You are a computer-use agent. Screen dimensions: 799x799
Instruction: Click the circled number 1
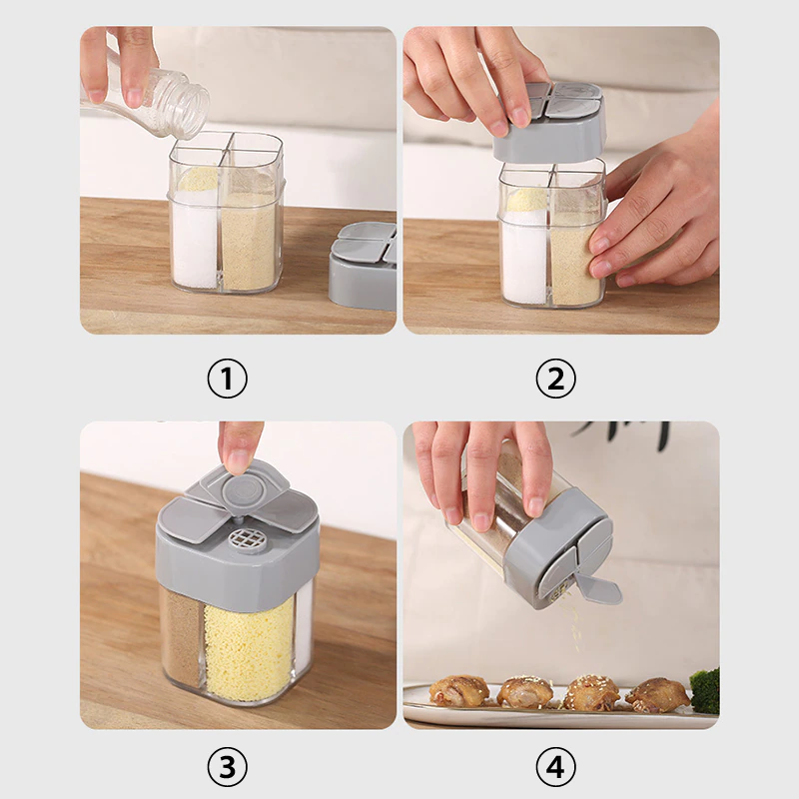pos(227,379)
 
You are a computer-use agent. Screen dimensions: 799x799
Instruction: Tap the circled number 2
pos(555,379)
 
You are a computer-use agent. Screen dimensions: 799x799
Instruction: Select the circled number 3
pos(227,766)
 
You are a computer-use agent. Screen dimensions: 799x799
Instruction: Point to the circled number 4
pos(555,766)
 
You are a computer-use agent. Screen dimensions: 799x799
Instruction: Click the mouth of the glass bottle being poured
pos(193,111)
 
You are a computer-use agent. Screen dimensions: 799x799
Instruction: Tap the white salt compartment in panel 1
pos(195,240)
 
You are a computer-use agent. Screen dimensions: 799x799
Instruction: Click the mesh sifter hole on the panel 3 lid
pos(243,537)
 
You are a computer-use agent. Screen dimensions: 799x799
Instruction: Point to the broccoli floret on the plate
pos(705,690)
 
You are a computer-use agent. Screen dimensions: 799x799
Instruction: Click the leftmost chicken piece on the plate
pos(458,691)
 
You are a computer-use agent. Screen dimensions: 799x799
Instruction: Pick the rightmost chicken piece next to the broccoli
pos(658,694)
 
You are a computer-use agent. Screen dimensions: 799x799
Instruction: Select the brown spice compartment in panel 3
pos(183,639)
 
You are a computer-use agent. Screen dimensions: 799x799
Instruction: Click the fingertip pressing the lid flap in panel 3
pos(239,460)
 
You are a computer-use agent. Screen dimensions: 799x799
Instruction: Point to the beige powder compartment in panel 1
pos(249,241)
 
